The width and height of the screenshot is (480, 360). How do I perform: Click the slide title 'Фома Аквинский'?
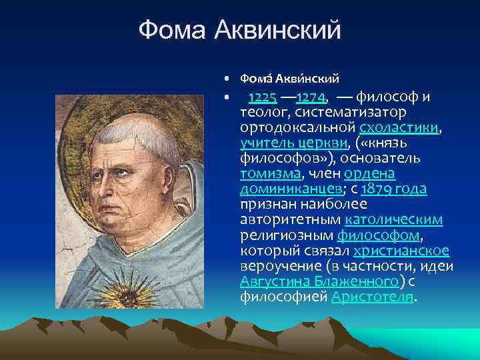tap(239, 30)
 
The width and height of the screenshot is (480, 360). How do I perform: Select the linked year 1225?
tap(262, 98)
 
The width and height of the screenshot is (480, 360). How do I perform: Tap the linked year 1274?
tap(309, 98)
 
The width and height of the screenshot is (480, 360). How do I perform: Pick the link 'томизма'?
tap(270, 174)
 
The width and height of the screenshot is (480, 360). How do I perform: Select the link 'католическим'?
tap(394, 220)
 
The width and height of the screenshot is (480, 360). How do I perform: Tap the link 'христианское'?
tap(401, 251)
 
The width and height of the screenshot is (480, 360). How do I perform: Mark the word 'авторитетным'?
tap(291, 220)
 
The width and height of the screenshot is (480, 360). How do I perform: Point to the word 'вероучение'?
tap(277, 266)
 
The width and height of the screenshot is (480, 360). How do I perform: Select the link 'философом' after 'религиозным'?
tap(379, 235)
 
